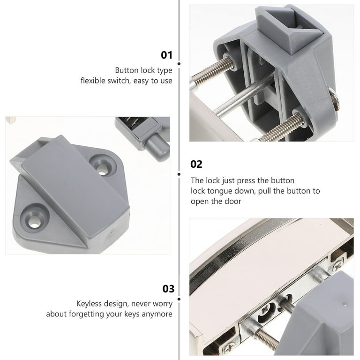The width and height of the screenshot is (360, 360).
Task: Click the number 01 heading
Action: [166, 55]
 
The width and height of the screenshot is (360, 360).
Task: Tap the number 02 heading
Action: [196, 165]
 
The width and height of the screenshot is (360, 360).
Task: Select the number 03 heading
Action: [168, 289]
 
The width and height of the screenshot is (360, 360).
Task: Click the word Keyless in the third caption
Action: [89, 304]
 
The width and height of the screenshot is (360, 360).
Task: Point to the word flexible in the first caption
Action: [92, 81]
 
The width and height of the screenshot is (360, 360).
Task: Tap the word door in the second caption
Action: [233, 201]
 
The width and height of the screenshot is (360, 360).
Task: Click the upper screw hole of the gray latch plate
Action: [103, 165]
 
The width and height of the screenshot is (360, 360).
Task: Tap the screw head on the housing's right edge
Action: [334, 99]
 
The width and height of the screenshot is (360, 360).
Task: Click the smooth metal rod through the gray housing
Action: [245, 95]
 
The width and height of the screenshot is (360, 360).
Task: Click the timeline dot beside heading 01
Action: [179, 64]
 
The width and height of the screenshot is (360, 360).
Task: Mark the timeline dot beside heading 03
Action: [179, 299]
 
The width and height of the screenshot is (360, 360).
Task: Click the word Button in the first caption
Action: [127, 70]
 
